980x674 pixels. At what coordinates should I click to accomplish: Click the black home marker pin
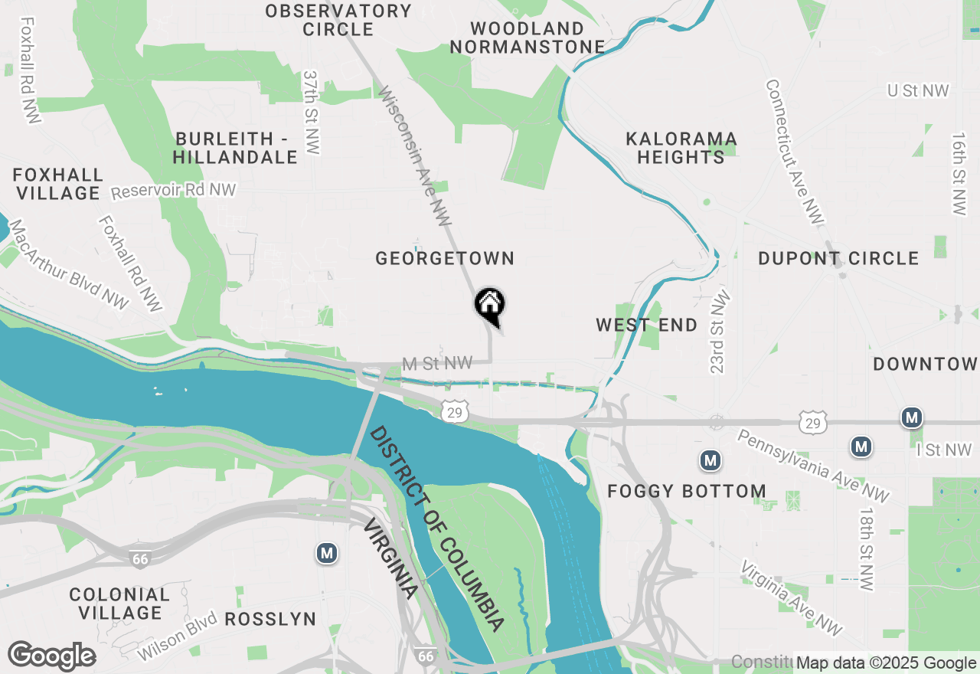(490, 305)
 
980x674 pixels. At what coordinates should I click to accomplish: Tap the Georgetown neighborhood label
(445, 259)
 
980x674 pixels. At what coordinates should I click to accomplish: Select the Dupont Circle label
(838, 259)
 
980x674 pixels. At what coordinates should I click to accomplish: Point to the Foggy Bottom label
(687, 492)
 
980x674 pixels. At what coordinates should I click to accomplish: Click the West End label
(647, 326)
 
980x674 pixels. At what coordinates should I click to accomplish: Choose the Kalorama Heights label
(681, 149)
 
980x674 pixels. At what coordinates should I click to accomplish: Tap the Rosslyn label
(271, 619)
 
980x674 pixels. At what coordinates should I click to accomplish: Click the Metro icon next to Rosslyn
(328, 553)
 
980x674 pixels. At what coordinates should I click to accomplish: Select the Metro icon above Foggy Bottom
(710, 460)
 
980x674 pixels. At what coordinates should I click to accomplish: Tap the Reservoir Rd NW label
(174, 190)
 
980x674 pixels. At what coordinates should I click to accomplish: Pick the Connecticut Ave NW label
(795, 152)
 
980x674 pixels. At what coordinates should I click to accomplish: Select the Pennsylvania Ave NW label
(813, 466)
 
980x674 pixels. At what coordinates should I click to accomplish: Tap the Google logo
(52, 656)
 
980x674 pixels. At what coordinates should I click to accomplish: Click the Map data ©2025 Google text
(887, 663)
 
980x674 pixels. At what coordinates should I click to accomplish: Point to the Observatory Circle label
(338, 21)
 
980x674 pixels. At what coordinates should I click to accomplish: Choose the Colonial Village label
(119, 604)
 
